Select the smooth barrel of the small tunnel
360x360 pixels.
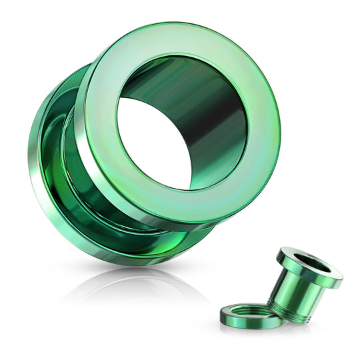(293, 293)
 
